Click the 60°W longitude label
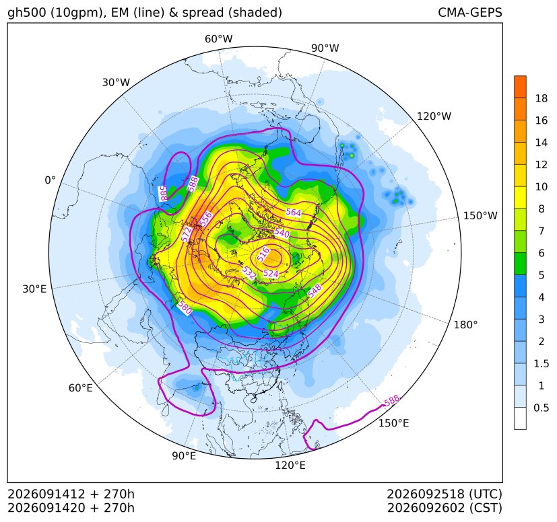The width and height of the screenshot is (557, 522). [x=218, y=39]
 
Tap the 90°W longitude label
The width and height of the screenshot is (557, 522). [x=325, y=48]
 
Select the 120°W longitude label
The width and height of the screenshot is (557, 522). [x=434, y=116]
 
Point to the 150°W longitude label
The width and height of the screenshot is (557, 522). [x=480, y=215]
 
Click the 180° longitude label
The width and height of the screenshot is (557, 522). [x=465, y=324]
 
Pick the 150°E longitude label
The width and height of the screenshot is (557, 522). [x=393, y=423]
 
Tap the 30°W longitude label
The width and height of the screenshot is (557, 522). [x=116, y=82]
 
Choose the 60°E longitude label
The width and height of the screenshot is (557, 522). [x=81, y=387]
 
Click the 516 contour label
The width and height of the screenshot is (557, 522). [x=263, y=255]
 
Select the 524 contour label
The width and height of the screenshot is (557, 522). [x=271, y=273]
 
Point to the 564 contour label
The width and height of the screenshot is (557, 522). [x=294, y=212]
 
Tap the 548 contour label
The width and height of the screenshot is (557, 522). [x=315, y=291]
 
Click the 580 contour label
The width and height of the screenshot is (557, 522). [x=185, y=307]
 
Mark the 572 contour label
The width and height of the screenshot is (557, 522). [x=186, y=234]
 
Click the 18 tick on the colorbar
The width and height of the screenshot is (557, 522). [x=542, y=98]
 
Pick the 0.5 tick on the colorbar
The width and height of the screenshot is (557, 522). [x=541, y=408]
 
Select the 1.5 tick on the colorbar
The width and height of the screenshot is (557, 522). [x=541, y=363]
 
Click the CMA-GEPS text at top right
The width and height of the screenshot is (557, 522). [x=470, y=12]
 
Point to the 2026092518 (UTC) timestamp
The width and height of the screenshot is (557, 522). [x=444, y=494]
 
